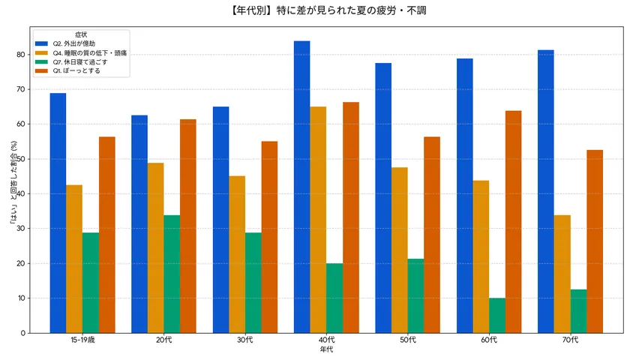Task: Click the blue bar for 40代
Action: tap(302, 187)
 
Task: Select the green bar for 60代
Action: tap(497, 315)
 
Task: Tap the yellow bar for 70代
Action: tap(562, 274)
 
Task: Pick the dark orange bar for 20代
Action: tap(188, 226)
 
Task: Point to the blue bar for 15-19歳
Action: tap(58, 213)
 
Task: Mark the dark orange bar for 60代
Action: tap(514, 222)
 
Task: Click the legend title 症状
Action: tap(82, 34)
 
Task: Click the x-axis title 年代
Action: tap(326, 349)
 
